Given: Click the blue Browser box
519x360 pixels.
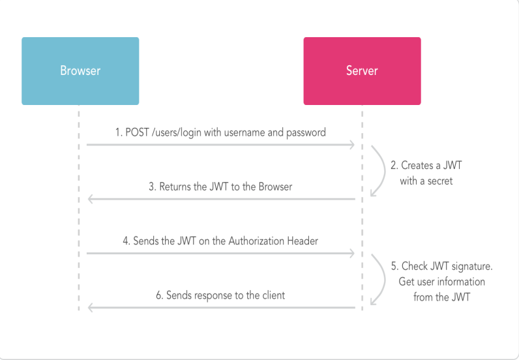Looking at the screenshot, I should point(80,71).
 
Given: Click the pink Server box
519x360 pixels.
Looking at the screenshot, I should point(362,71).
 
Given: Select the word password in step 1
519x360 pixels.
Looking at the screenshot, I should point(306,132).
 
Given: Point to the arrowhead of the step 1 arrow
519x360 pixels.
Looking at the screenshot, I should point(353,145).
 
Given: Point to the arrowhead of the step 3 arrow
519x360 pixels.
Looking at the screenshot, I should point(91,199).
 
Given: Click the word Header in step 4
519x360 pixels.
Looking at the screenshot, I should point(303,241).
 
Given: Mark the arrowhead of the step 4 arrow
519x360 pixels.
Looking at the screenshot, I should point(353,253).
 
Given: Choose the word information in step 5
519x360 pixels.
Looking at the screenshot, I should point(460,282).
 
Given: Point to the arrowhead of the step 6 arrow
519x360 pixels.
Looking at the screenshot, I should point(91,307).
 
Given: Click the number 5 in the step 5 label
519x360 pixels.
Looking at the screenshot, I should point(393,267).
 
